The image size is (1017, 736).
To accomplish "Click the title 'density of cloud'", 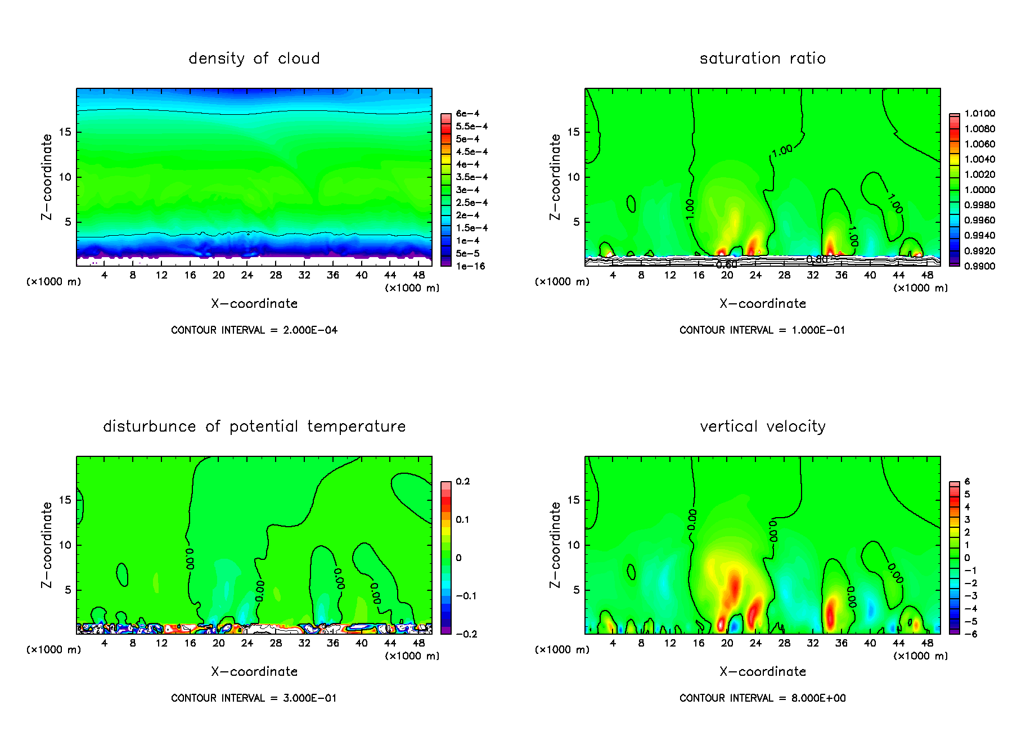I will pos(254,59).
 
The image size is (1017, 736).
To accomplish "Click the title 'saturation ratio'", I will pos(762,59).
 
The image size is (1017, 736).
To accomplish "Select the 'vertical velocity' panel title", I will pos(762,427).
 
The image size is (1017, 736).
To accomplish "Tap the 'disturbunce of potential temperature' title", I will pos(254,427).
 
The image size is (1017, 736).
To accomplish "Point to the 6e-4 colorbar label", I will pos(467,114).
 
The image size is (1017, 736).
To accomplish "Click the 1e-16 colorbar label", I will pos(470,266).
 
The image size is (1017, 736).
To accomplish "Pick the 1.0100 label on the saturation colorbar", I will pos(979,114).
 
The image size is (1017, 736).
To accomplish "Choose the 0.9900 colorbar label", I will pos(979,266).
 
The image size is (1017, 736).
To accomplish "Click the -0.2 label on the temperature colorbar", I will pos(466,634).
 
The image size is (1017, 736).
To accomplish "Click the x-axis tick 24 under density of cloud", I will pos(247,275).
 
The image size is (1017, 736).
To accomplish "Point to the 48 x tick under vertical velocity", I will pos(927,643).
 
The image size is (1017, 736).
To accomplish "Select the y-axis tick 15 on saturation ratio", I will pos(573,132).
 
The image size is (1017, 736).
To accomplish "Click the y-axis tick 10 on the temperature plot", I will pos(65,545).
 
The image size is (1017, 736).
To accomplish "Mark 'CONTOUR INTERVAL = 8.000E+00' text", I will pos(762,698).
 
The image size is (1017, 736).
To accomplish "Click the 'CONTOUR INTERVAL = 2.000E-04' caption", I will pos(254,330).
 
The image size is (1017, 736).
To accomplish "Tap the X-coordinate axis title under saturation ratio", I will pos(762,304).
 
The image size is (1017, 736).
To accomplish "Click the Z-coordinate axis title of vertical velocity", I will pos(556,545).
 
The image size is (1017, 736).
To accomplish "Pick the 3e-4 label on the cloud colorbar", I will pos(467,190).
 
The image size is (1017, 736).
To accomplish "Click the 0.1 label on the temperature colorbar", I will pos(463,520).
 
